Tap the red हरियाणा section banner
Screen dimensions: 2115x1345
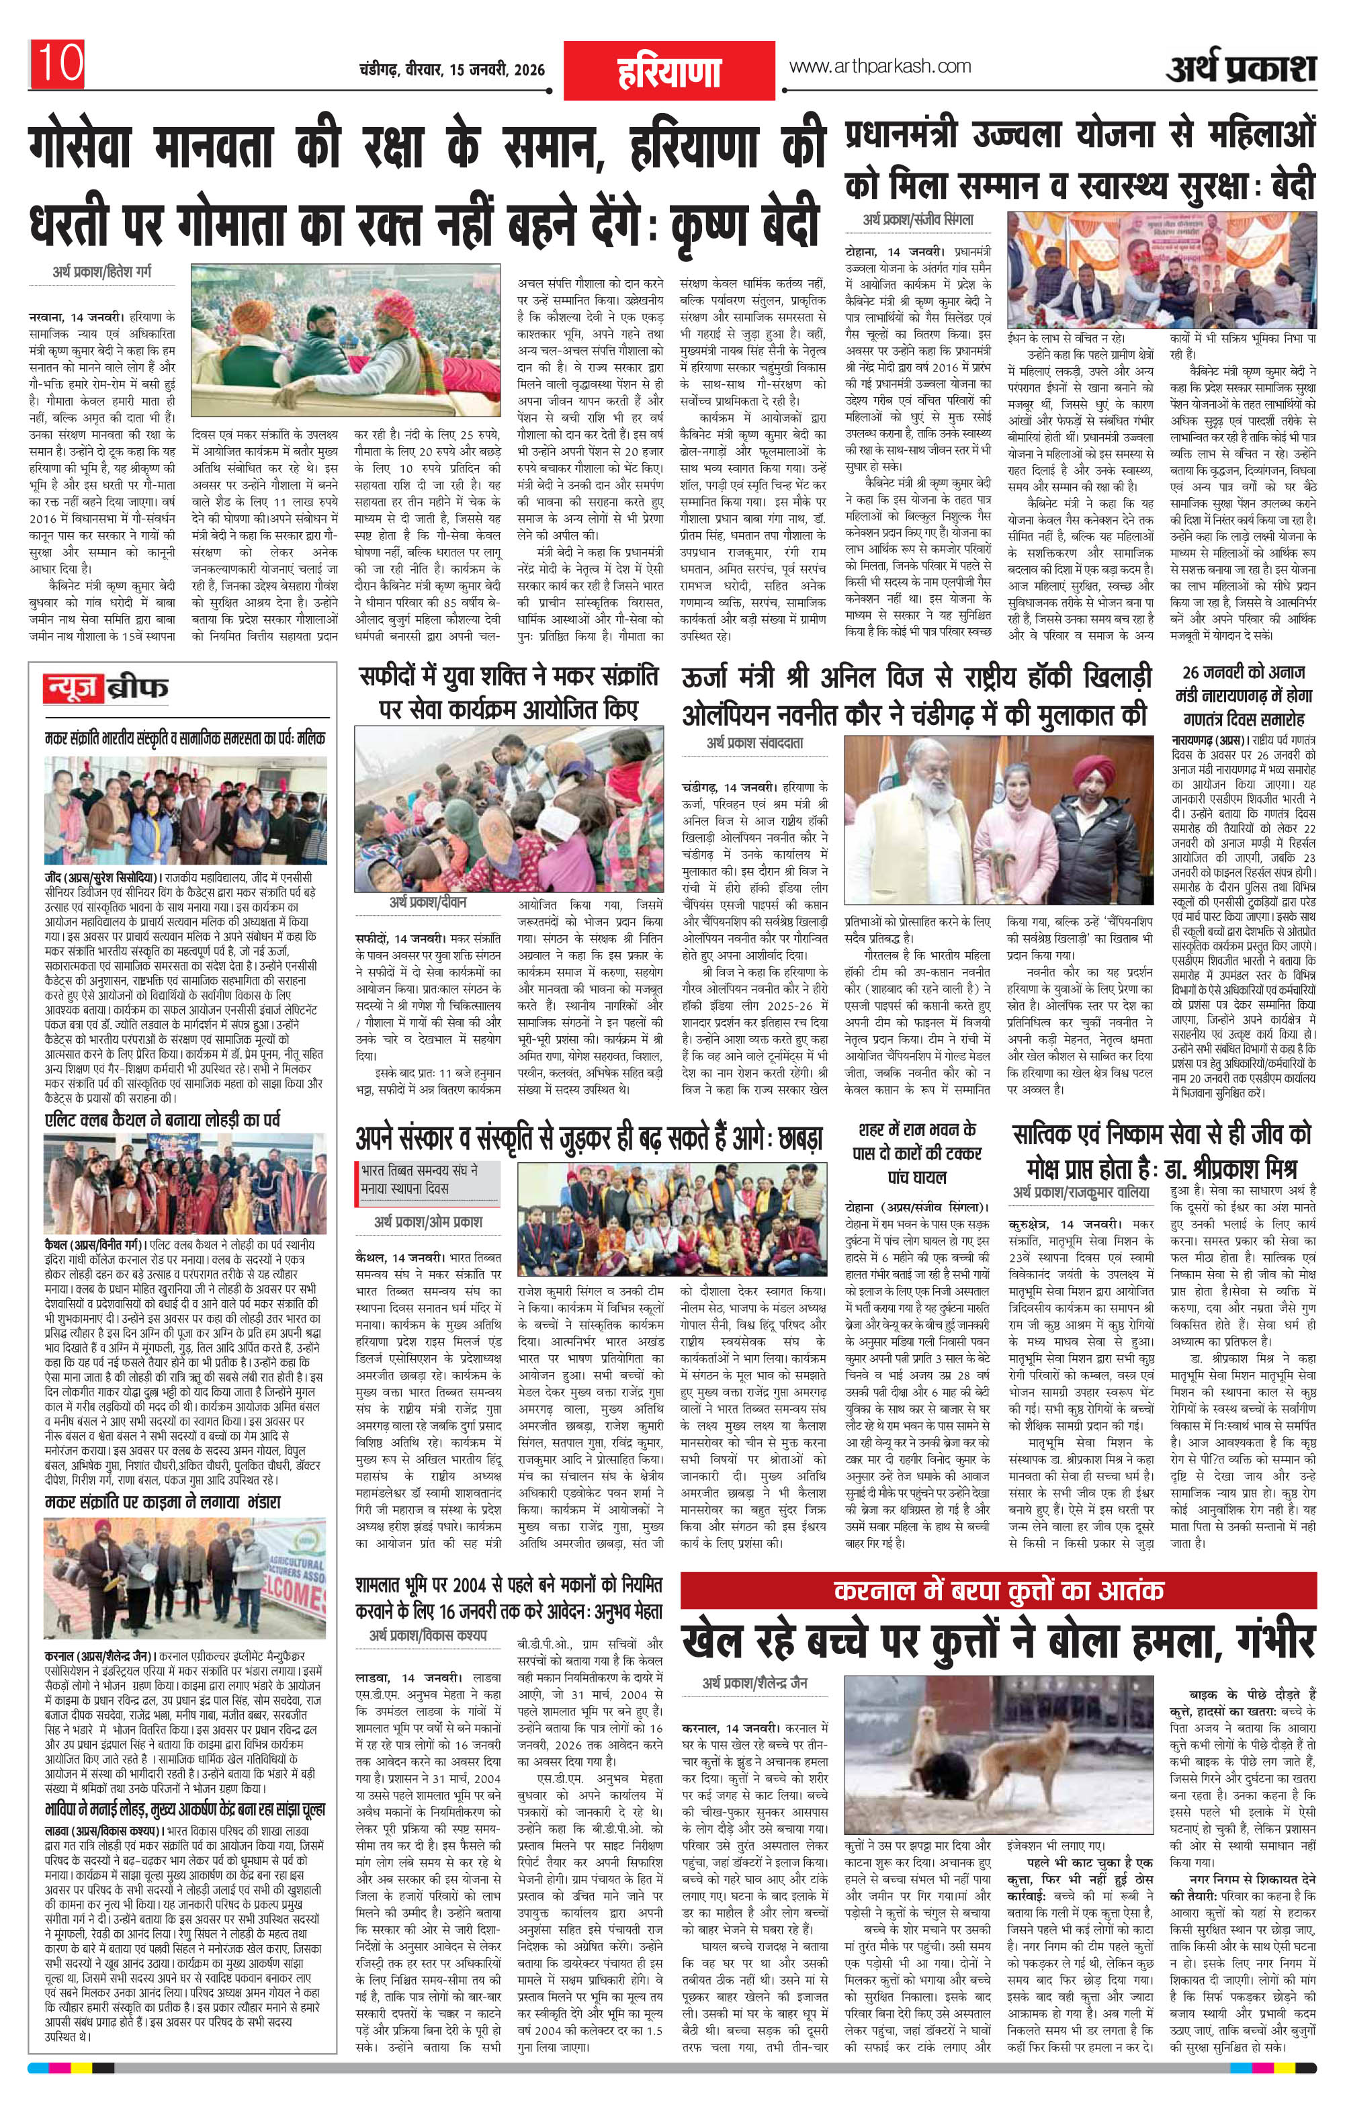click(668, 71)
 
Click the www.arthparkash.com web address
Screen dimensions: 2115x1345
click(880, 66)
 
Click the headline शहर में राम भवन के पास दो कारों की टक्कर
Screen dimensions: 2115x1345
click(918, 1152)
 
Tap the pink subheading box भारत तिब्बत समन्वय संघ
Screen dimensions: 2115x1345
click(419, 1180)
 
